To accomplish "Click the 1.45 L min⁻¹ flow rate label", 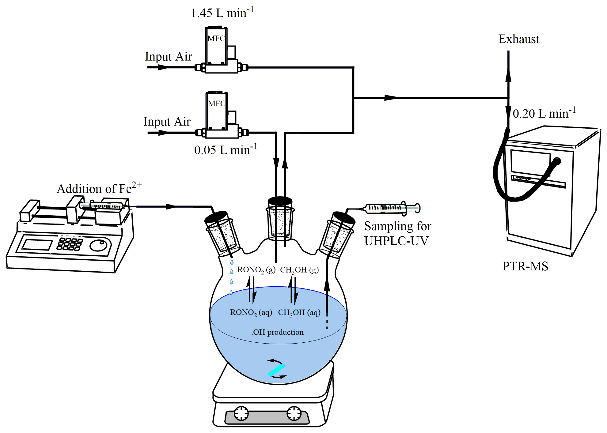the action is (222, 13).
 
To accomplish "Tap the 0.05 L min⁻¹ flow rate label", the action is (226, 149).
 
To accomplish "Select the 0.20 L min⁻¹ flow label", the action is (544, 113).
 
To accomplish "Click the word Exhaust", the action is (519, 39).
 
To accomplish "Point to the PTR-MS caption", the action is (525, 266).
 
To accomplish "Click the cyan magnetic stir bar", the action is (276, 370).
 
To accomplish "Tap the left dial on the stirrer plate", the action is (241, 413).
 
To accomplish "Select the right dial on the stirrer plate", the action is (294, 413).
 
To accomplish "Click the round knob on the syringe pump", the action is (99, 245).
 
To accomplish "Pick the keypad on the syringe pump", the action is (70, 244).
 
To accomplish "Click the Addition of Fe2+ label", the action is (99, 188).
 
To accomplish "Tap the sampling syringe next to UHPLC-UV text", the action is (393, 208).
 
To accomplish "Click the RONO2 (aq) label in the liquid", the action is (251, 313).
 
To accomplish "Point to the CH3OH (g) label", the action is (299, 270).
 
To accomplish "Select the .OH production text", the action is (278, 332).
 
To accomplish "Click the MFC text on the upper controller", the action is (216, 39).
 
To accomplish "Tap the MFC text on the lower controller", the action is (217, 104).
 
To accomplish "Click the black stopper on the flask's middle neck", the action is (280, 201).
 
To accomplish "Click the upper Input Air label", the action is (168, 57).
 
